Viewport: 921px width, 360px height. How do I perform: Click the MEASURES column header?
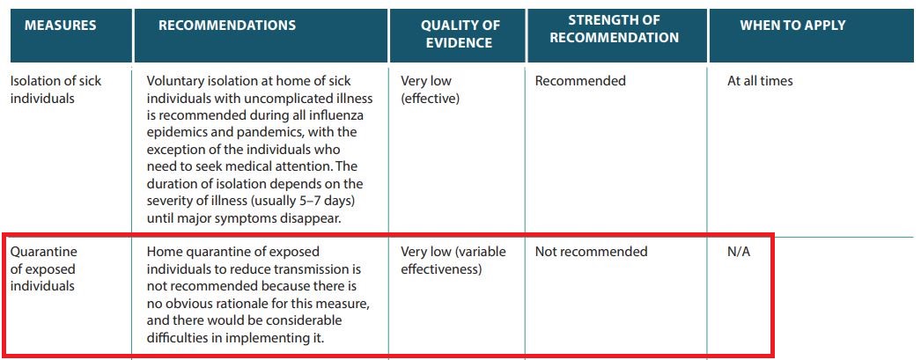pyautogui.click(x=60, y=26)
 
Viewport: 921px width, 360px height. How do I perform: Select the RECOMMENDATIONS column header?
pyautogui.click(x=227, y=26)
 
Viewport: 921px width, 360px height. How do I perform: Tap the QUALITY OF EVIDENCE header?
pyautogui.click(x=456, y=34)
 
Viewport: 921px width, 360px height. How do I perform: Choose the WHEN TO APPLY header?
pyautogui.click(x=792, y=26)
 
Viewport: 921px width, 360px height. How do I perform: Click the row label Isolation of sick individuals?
pyautogui.click(x=55, y=89)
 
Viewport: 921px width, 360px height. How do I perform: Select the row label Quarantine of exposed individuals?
pyautogui.click(x=43, y=269)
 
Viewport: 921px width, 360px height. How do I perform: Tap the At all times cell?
pyautogui.click(x=760, y=81)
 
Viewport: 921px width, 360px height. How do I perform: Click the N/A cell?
pyautogui.click(x=739, y=252)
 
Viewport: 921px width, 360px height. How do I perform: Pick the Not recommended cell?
pyautogui.click(x=591, y=252)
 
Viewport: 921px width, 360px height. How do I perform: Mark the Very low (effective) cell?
pyautogui.click(x=430, y=89)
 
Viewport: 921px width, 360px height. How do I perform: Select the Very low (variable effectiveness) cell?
pyautogui.click(x=453, y=261)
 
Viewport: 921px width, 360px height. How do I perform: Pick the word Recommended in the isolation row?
pyautogui.click(x=580, y=81)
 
